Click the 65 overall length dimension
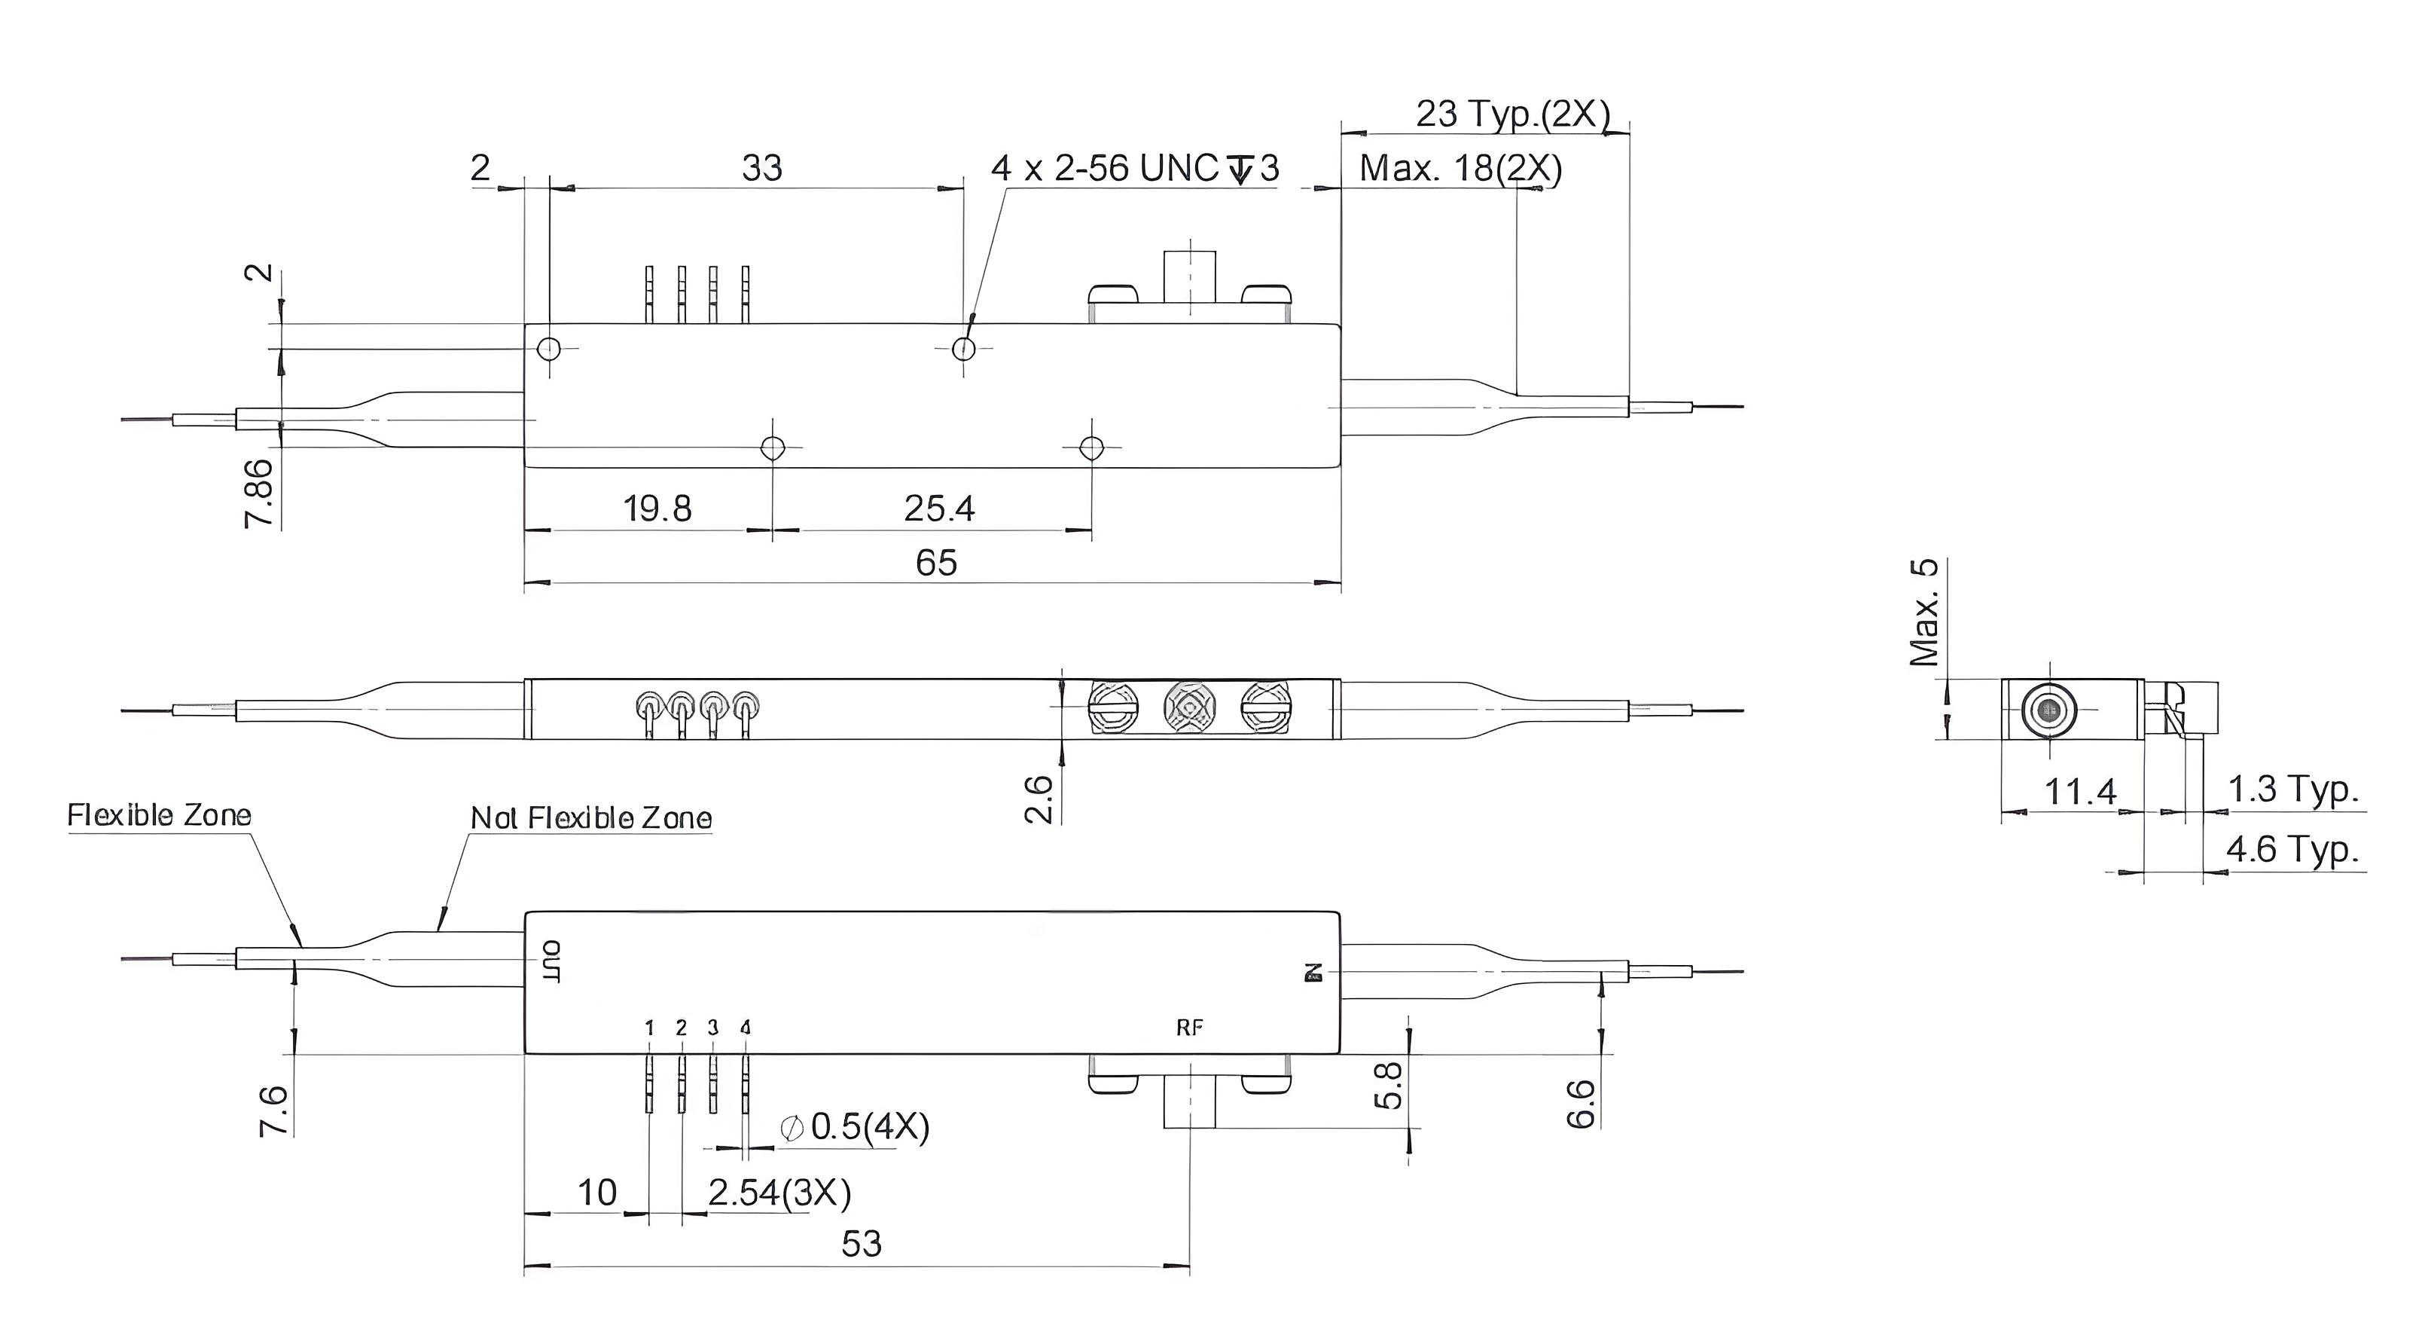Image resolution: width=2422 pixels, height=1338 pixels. click(x=935, y=564)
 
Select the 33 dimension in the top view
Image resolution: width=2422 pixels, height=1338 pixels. click(x=761, y=168)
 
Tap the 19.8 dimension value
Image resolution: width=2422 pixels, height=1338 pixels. click(x=657, y=509)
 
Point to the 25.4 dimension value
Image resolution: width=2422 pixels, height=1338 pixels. click(x=939, y=509)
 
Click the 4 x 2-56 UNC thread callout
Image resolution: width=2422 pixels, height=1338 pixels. click(x=1135, y=168)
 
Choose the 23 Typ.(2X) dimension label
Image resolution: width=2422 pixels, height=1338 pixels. click(x=1513, y=114)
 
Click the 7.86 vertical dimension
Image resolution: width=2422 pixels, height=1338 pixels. click(x=258, y=493)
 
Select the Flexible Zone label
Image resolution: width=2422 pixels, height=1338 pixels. click(x=160, y=815)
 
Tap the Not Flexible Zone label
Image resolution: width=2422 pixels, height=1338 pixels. click(x=590, y=818)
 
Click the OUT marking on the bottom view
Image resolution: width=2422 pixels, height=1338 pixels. click(x=552, y=961)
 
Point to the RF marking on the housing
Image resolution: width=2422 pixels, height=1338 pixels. click(x=1189, y=1028)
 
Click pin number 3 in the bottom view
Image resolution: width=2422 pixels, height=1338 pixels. click(x=712, y=1028)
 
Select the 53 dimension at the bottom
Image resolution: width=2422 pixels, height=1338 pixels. click(x=862, y=1244)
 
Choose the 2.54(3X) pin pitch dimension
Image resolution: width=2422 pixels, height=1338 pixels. click(x=779, y=1193)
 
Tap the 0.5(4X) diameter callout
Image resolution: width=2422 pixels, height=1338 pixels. click(x=855, y=1126)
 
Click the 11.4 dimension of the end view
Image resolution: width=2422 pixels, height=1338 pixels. click(x=2081, y=793)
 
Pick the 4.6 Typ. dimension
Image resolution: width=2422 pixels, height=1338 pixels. click(x=2292, y=850)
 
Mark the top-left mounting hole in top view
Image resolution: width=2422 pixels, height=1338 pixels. click(x=549, y=350)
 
